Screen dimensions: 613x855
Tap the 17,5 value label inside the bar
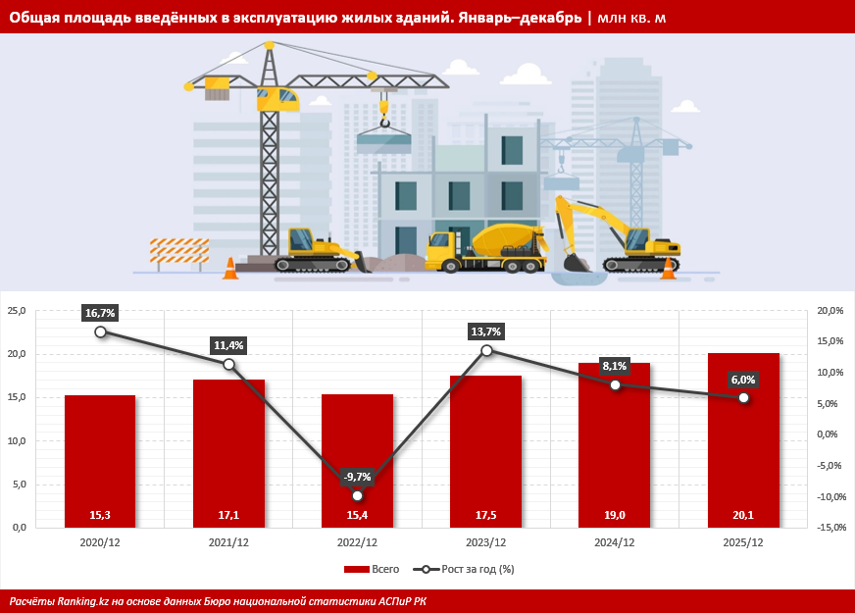485,515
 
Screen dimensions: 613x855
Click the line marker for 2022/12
357,495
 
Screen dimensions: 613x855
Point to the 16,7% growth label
100,313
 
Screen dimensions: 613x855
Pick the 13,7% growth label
486,332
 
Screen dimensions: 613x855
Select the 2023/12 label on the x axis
485,541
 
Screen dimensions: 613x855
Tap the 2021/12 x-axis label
228,541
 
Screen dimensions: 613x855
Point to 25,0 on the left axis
17,311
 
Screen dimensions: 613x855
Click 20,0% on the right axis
830,311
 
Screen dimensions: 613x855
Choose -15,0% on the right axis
830,528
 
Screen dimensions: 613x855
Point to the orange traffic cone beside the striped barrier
230,268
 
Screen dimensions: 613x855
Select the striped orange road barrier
178,253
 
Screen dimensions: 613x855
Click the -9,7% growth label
357,477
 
